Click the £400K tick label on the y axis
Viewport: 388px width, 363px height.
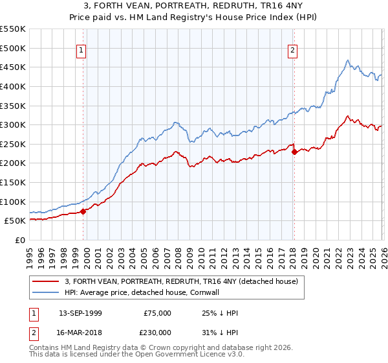click(x=13, y=86)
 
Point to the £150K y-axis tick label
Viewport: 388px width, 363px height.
click(x=13, y=182)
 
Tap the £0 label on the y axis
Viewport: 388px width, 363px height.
click(x=19, y=240)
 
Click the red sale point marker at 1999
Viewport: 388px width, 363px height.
click(x=83, y=211)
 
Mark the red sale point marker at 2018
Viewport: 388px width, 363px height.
click(x=294, y=152)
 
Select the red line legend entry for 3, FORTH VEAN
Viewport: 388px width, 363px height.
click(x=181, y=281)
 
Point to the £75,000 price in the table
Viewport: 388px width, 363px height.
click(x=157, y=313)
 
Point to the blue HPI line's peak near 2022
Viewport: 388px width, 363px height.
click(x=348, y=61)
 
